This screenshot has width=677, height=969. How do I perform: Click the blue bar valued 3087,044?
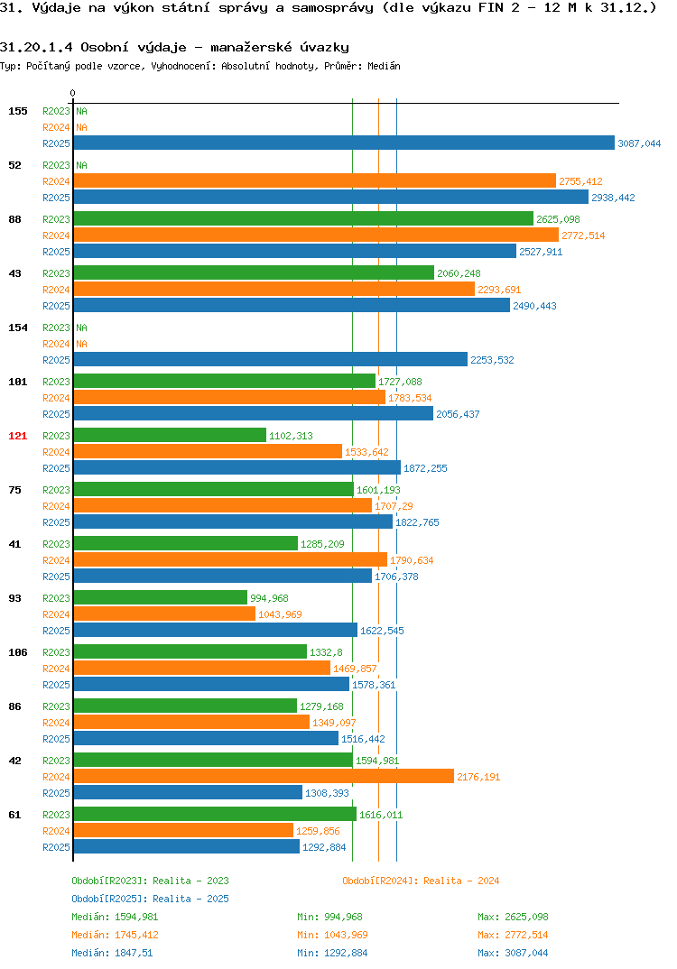(345, 143)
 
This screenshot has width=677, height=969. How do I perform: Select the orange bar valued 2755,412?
(315, 180)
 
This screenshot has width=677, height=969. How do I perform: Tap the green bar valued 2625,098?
(303, 218)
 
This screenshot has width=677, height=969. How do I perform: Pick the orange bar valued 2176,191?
(264, 776)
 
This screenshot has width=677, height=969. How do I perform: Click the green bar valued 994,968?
(161, 597)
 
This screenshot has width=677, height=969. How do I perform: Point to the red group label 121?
(18, 436)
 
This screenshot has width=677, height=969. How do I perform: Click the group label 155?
(18, 111)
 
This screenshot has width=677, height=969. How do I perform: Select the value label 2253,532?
(492, 360)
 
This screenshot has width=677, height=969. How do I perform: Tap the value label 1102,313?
(291, 436)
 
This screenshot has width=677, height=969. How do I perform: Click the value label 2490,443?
(534, 306)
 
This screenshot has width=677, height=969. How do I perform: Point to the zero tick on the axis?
(73, 93)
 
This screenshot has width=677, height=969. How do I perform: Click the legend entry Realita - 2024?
(421, 881)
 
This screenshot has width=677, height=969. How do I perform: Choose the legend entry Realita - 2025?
(150, 899)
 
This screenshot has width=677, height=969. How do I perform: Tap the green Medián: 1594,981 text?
(115, 917)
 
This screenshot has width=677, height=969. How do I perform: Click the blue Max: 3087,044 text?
(513, 953)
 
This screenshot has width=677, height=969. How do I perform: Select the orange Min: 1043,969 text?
(332, 935)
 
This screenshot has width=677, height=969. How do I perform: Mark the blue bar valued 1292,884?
(187, 846)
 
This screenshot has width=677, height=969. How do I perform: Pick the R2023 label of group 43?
(56, 273)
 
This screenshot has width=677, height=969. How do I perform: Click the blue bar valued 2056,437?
(254, 413)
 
